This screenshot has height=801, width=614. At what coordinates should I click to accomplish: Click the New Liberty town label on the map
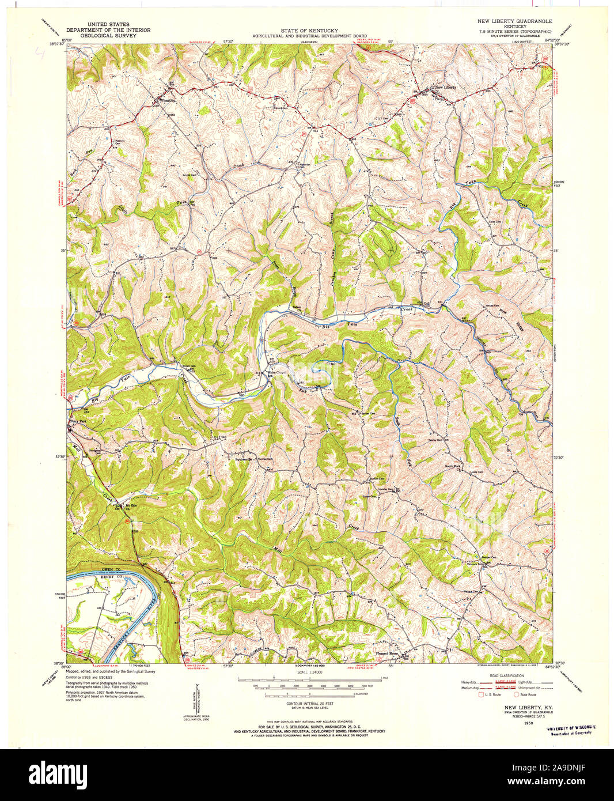445,87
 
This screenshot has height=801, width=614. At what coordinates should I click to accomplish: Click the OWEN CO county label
109,569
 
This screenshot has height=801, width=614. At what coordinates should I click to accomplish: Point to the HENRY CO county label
109,577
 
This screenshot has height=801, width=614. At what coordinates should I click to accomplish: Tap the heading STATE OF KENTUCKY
309,30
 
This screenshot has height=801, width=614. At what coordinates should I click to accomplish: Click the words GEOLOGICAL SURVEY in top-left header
108,35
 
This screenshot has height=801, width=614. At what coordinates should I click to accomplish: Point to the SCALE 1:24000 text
309,672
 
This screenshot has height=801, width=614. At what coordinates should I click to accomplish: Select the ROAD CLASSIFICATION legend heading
507,675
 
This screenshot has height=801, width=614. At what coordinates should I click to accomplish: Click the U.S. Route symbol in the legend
482,695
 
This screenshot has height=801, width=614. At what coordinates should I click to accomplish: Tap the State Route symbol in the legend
517,695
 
